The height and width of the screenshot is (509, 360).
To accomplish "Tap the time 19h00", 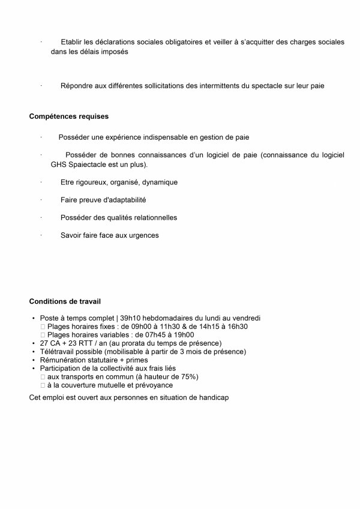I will point(184,334).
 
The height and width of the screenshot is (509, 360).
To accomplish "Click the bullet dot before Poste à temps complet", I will point(32,318).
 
